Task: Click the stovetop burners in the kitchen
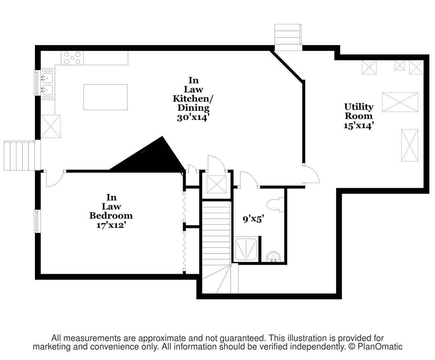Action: pos(72,58)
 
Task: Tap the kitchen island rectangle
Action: pos(105,97)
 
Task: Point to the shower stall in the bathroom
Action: pos(246,249)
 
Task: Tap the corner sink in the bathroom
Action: pos(273,257)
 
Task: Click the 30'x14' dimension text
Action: pos(193,118)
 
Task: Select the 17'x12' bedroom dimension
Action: pos(111,225)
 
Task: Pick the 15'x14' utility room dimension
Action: pos(358,126)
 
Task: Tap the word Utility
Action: pos(359,107)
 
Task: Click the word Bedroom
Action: pos(111,216)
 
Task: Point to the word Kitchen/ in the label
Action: pos(193,99)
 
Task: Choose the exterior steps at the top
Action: pos(288,37)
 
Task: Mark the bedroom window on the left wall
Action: pos(36,221)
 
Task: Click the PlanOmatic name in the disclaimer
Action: pos(380,346)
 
